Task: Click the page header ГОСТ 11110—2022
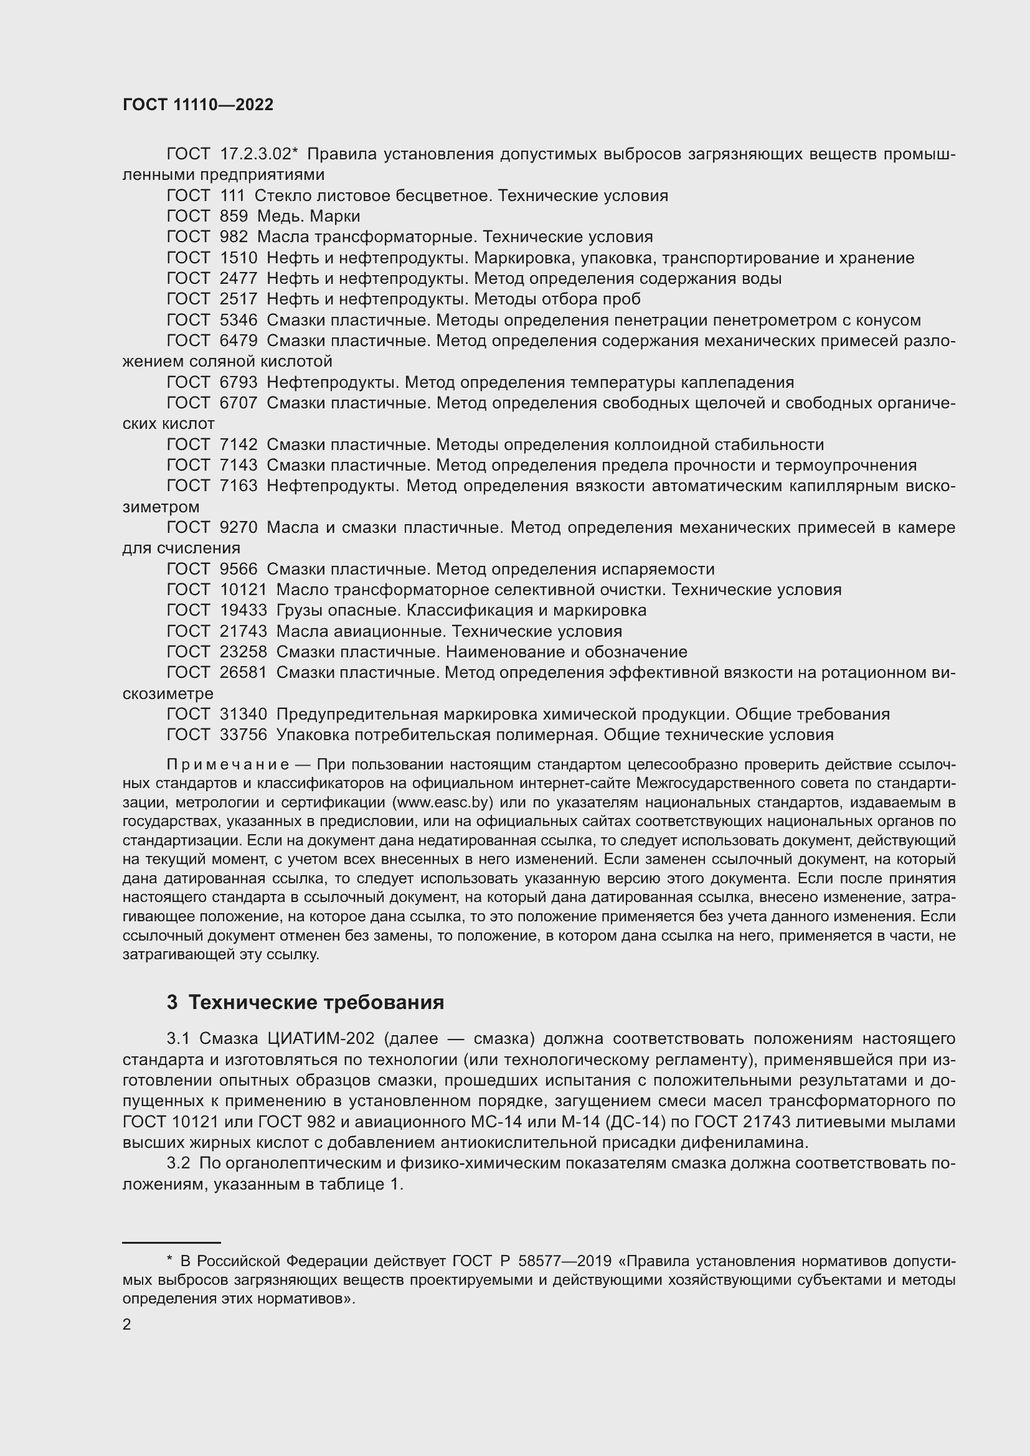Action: pyautogui.click(x=198, y=105)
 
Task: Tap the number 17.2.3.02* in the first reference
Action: pyautogui.click(x=259, y=154)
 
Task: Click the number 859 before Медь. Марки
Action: pyautogui.click(x=234, y=216)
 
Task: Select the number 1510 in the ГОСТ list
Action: pyautogui.click(x=239, y=258)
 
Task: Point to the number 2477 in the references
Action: pyautogui.click(x=239, y=278)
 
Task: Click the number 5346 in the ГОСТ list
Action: pyautogui.click(x=239, y=320)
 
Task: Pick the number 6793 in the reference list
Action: pyautogui.click(x=239, y=382)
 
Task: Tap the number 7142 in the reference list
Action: pyautogui.click(x=239, y=444)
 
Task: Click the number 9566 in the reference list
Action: pyautogui.click(x=239, y=569)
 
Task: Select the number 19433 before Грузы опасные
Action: pyautogui.click(x=243, y=610)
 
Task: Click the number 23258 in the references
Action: pyautogui.click(x=243, y=652)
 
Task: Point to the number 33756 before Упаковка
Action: pyautogui.click(x=243, y=735)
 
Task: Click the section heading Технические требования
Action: pyautogui.click(x=316, y=1002)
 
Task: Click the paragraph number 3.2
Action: pyautogui.click(x=178, y=1163)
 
